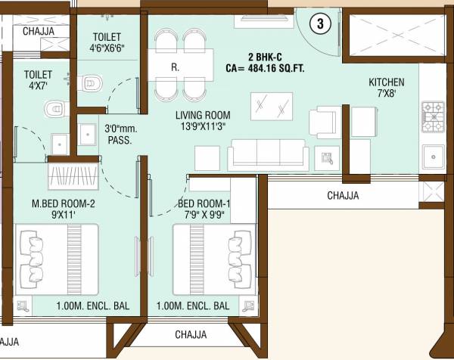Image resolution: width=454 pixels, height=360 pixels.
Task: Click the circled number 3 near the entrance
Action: tap(320, 23)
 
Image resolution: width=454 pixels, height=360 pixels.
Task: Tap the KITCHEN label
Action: tap(386, 82)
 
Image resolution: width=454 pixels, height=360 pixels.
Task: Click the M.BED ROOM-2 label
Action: tap(63, 203)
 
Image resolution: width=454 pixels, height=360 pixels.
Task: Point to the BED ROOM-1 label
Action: tap(202, 203)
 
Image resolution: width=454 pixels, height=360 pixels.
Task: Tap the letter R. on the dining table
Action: tap(175, 67)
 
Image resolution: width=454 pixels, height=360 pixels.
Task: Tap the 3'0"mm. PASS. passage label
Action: tap(120, 135)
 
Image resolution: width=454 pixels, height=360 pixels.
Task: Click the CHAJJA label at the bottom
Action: tap(191, 334)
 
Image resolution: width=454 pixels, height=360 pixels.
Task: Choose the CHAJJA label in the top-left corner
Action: tap(39, 31)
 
